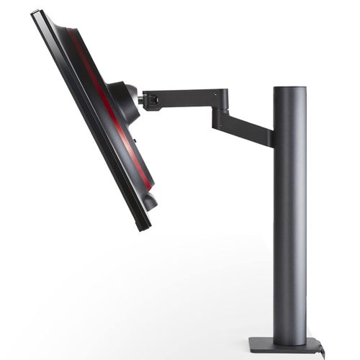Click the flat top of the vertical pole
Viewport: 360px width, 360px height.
289,89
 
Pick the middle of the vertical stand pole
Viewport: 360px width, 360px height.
289,216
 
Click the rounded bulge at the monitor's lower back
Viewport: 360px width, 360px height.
149,198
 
